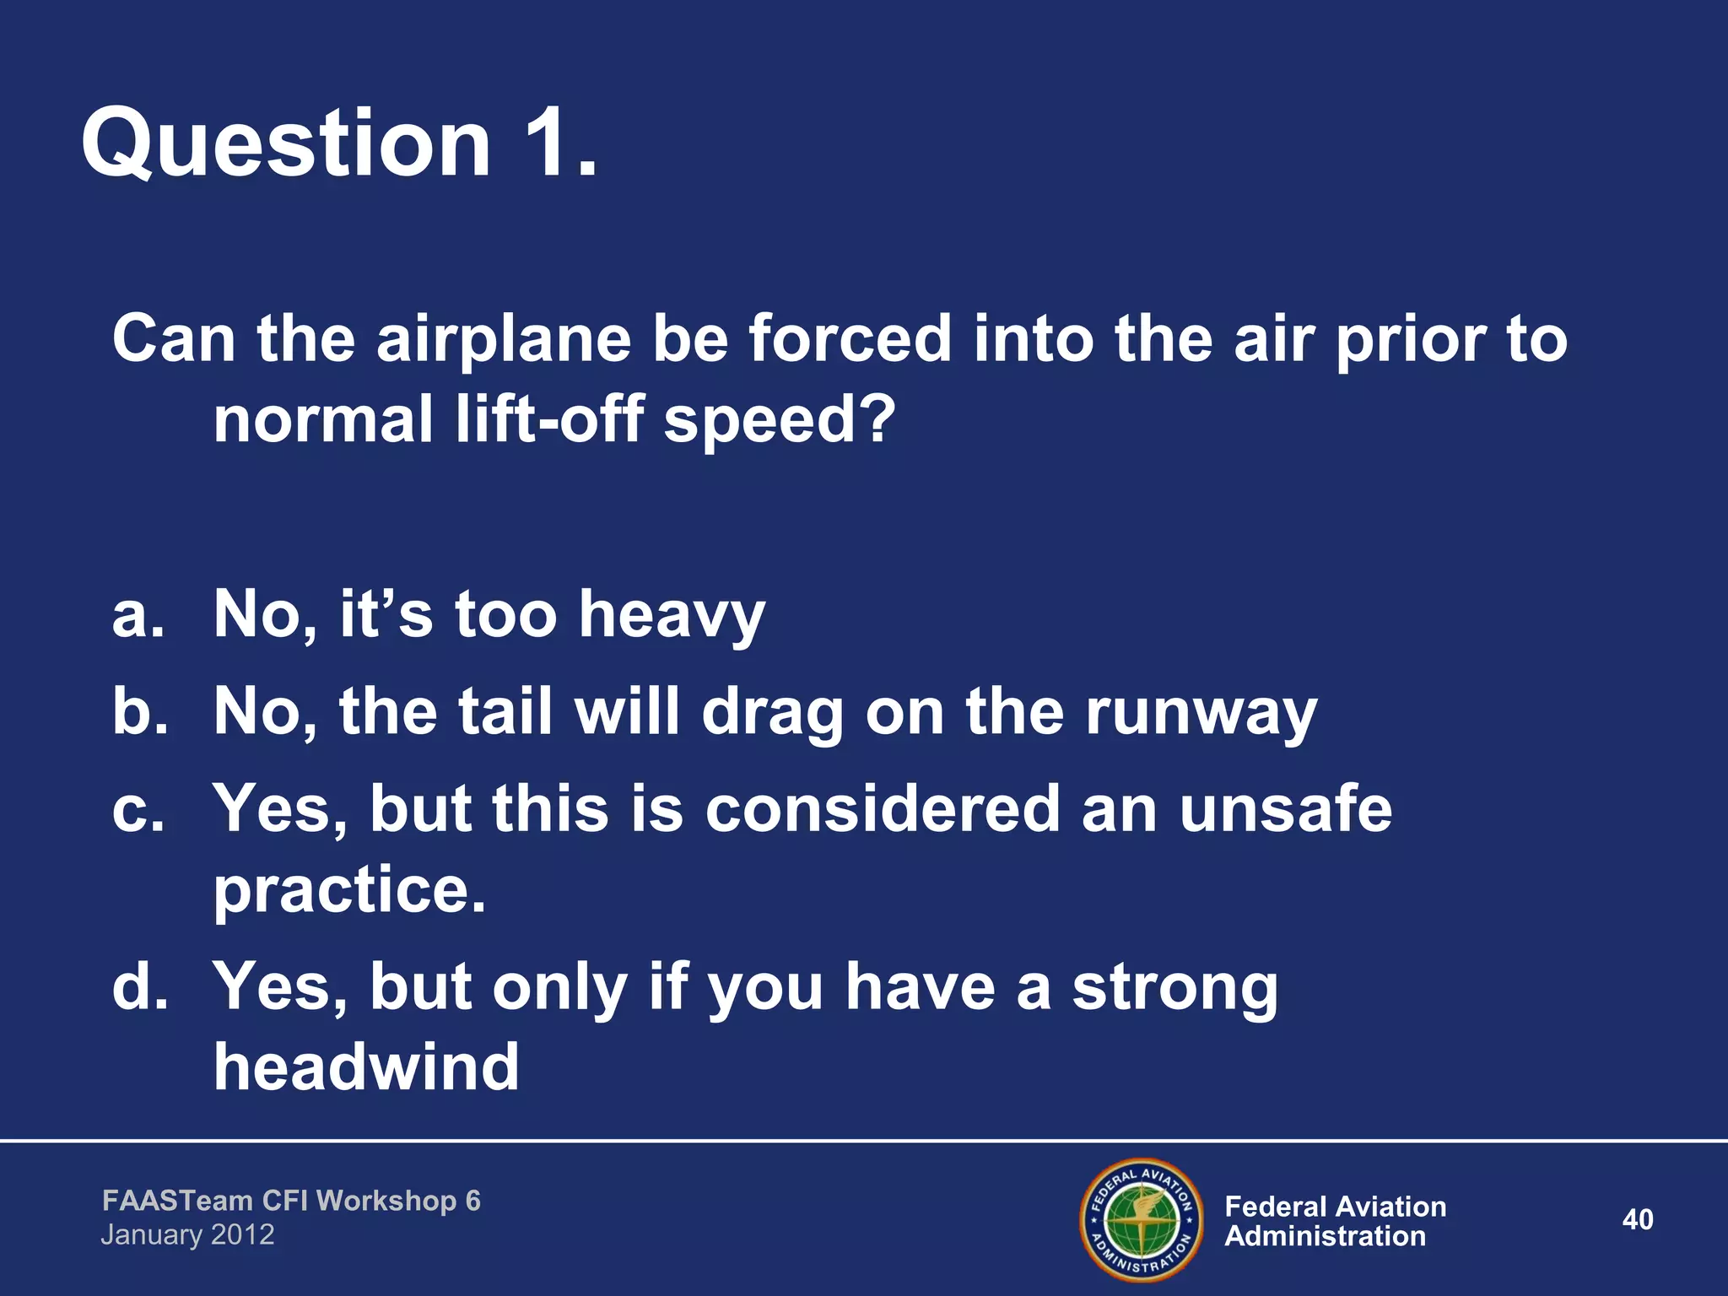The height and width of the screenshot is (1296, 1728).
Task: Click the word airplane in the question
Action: click(x=503, y=339)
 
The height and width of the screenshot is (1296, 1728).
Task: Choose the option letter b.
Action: click(x=139, y=710)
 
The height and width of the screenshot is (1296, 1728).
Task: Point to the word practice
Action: click(x=349, y=891)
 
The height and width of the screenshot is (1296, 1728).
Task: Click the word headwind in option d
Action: click(x=366, y=1066)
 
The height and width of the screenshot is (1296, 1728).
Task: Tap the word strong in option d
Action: click(x=1174, y=989)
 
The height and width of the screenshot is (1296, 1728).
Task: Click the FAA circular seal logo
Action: click(x=1142, y=1219)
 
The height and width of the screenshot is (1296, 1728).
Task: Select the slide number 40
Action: click(x=1637, y=1219)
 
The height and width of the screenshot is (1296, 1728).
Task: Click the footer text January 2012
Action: click(x=187, y=1235)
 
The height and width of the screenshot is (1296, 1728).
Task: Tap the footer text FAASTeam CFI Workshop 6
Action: click(x=291, y=1201)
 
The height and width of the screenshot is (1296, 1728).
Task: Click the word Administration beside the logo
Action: click(x=1325, y=1237)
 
